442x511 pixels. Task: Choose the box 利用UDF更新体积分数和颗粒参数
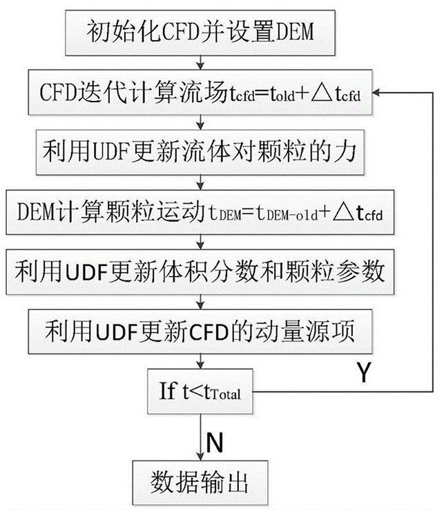(200, 269)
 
